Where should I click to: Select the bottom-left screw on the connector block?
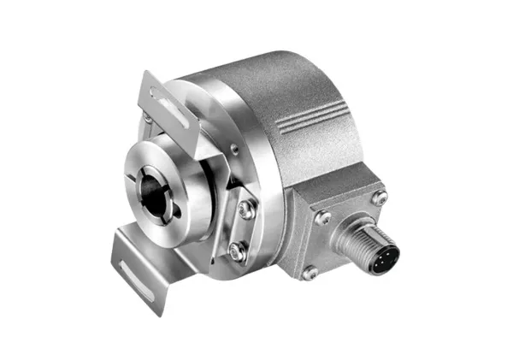click(311, 273)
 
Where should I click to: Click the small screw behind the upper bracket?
click(150, 119)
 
